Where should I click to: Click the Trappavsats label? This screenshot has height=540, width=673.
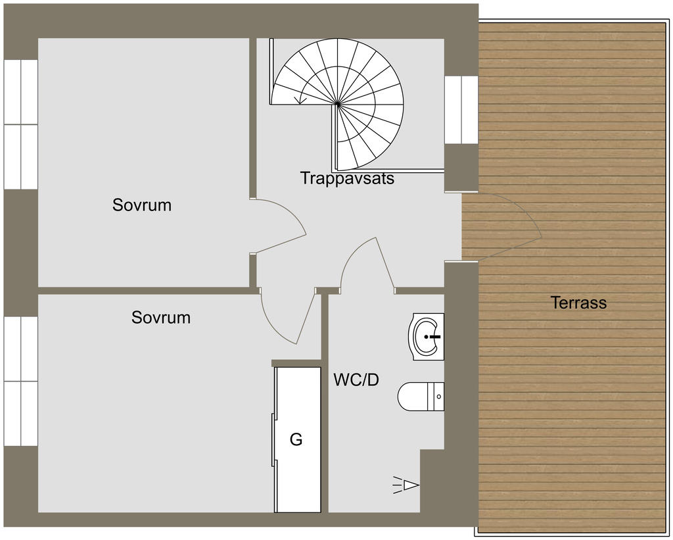tap(347, 178)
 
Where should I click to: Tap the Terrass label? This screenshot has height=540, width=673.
tap(578, 303)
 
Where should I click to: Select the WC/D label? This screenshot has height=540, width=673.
tap(356, 380)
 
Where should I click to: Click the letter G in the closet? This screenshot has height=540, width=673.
tap(296, 439)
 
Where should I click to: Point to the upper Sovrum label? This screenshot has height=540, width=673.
tap(142, 205)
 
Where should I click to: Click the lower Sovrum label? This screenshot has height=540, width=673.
tap(161, 318)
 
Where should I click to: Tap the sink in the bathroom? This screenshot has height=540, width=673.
tap(426, 337)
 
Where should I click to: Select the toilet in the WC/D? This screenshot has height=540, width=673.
tap(421, 397)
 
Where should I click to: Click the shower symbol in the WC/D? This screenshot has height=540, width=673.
tap(406, 485)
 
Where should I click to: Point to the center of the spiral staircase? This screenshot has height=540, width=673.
tap(338, 104)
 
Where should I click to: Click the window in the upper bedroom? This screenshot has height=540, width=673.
tap(20, 124)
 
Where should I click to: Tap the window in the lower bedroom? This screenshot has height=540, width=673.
tap(20, 381)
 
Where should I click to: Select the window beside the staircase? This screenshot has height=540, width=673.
tap(461, 110)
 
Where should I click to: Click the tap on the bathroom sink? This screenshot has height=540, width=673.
tap(434, 337)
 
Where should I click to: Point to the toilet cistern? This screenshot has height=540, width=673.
tap(436, 397)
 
